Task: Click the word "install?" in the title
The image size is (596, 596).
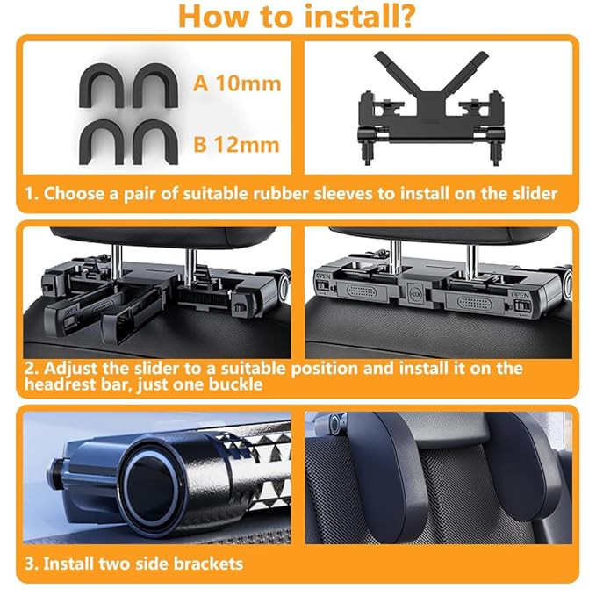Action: tap(359, 17)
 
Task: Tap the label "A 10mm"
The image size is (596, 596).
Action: tap(237, 83)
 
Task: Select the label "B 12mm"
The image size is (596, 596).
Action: tap(236, 145)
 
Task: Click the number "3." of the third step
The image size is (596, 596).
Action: tap(32, 564)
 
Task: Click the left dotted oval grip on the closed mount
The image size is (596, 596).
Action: tap(362, 292)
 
